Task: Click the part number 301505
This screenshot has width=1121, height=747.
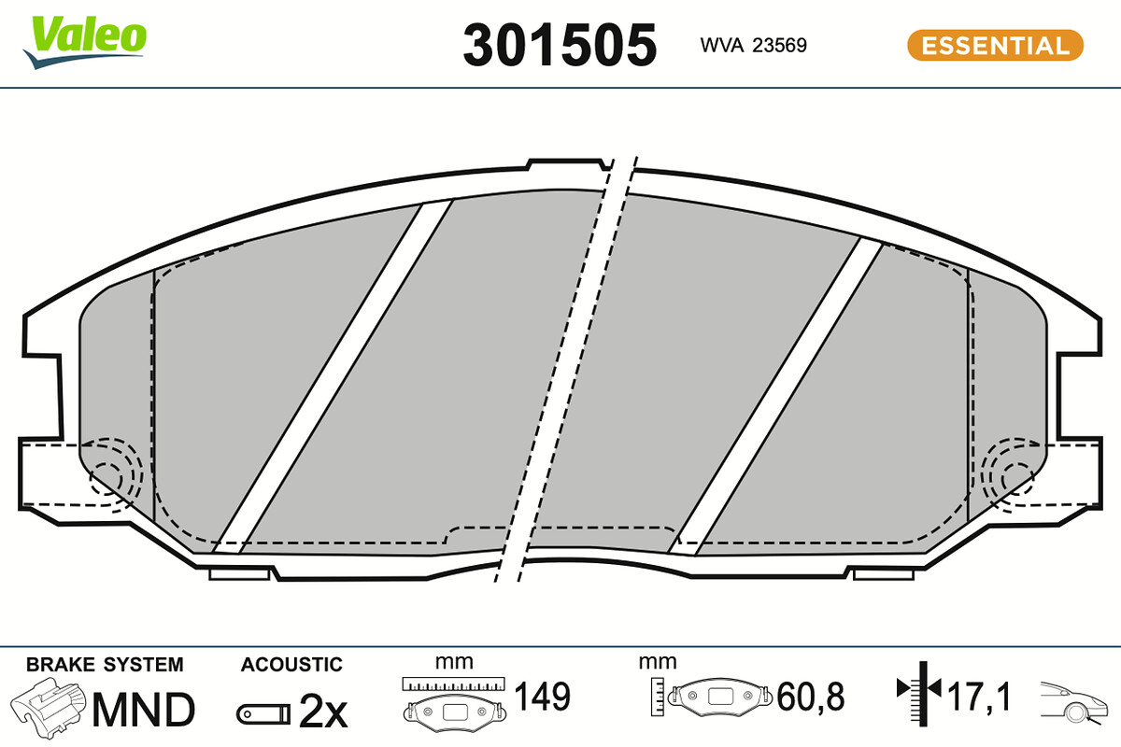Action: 560,45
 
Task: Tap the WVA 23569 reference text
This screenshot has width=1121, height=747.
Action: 753,46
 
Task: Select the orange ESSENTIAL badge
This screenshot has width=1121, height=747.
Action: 995,46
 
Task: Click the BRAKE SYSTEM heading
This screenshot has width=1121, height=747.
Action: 105,665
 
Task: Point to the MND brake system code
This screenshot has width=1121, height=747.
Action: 144,710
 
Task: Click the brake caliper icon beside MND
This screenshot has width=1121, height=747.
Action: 49,707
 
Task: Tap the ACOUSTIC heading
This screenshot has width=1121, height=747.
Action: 291,665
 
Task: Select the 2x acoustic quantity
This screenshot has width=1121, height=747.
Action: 323,710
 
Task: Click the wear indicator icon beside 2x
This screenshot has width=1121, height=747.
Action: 263,715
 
